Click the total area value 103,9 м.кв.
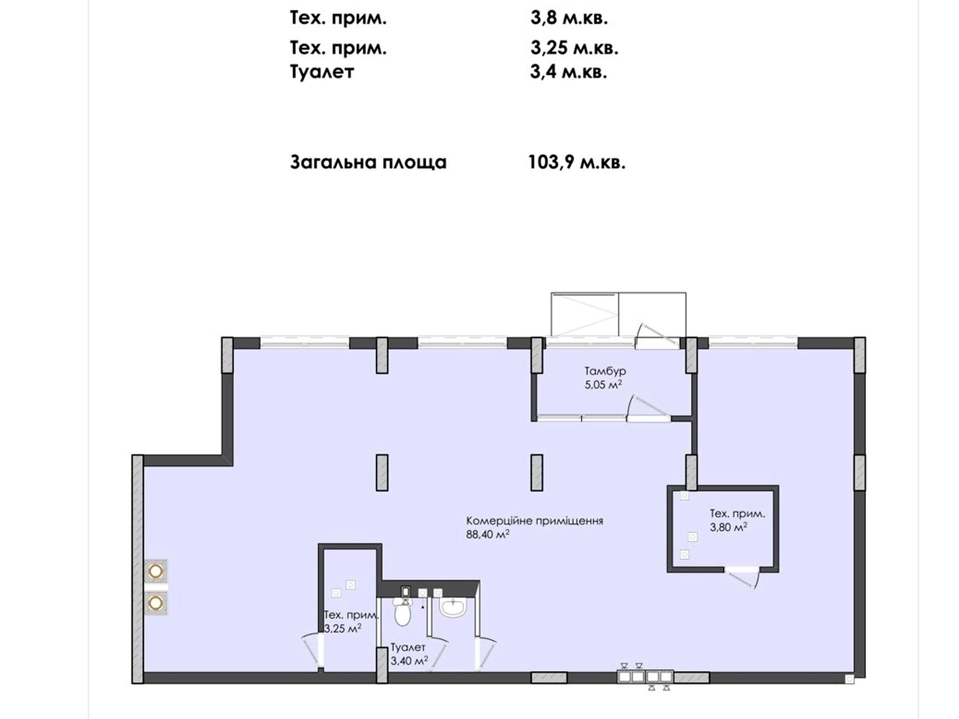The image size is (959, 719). [x=577, y=162]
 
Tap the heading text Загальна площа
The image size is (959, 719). [x=368, y=162]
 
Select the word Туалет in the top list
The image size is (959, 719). [x=322, y=72]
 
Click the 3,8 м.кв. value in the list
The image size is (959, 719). [x=569, y=18]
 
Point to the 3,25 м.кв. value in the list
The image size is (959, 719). [x=574, y=48]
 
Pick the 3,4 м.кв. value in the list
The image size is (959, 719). [x=568, y=72]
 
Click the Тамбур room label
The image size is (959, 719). [x=605, y=371]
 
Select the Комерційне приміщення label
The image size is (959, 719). [x=534, y=521]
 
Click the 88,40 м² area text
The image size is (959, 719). [x=487, y=534]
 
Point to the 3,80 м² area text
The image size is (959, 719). [x=729, y=527]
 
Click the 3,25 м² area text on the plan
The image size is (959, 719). [x=343, y=629]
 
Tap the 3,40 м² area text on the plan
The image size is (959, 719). [x=409, y=661]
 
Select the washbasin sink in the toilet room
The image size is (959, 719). [x=453, y=607]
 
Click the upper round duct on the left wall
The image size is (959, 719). [x=156, y=571]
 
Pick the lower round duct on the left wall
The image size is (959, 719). [x=156, y=603]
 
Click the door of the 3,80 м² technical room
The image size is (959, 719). [x=743, y=577]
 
